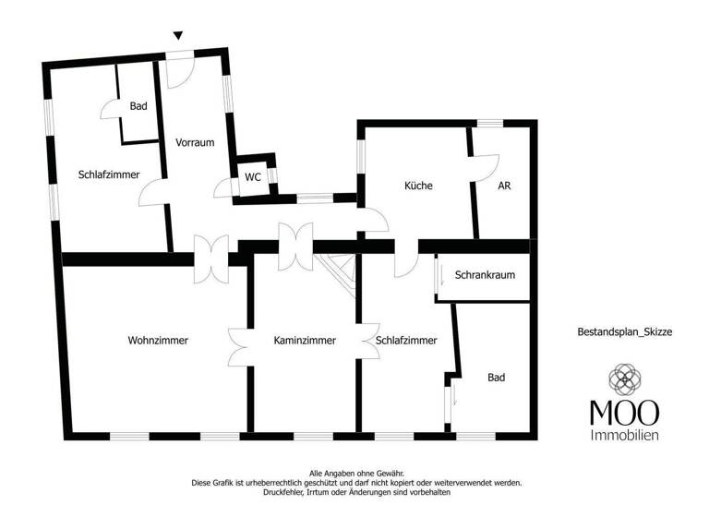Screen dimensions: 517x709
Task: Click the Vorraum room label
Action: [x=195, y=143]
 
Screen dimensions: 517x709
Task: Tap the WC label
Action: [x=252, y=178]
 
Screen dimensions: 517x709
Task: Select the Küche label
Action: [x=418, y=186]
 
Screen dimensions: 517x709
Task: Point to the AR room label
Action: [x=504, y=186]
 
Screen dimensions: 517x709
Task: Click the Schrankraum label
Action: [x=485, y=275]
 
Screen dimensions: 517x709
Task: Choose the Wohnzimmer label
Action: [x=158, y=341]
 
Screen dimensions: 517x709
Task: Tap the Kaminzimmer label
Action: [x=305, y=341]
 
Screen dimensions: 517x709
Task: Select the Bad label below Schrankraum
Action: [x=497, y=378]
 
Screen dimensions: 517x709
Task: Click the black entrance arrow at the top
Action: [x=178, y=36]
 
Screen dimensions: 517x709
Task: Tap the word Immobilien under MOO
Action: [x=624, y=434]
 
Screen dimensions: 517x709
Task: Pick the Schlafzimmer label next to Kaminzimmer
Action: [x=406, y=341]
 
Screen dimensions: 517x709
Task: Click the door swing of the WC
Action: [x=222, y=189]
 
